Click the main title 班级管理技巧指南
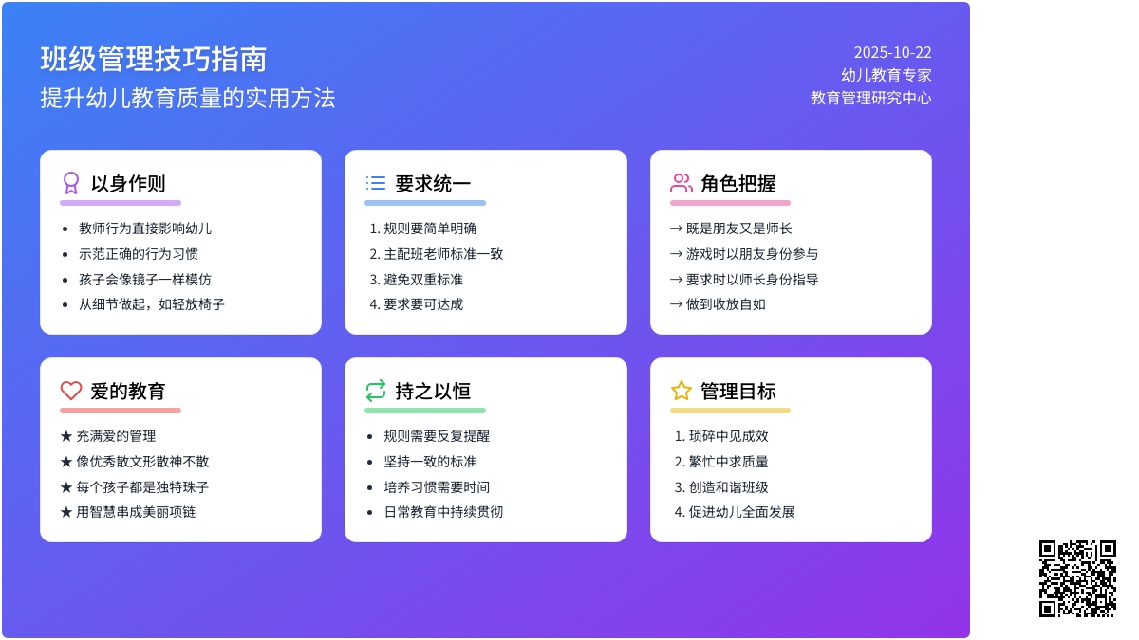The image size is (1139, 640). pos(154,59)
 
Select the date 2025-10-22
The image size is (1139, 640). pos(892,53)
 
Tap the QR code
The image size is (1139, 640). pos(1077,578)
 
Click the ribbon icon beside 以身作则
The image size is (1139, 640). pos(71,183)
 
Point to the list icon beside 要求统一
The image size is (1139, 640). pos(376,183)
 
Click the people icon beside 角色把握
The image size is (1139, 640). pos(682,183)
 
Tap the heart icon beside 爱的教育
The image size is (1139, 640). pos(71,391)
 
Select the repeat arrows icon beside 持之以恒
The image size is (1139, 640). pos(376,391)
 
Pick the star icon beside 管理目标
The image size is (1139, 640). pos(682,391)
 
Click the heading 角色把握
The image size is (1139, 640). pos(738,184)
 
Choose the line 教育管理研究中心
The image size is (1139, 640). pos(871,98)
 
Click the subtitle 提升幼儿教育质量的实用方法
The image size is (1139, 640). pos(188,99)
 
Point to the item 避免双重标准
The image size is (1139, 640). pos(423,280)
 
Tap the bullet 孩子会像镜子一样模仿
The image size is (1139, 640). pos(145,280)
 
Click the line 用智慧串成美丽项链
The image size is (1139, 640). pos(136,512)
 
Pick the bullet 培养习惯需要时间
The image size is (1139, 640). pos(437,487)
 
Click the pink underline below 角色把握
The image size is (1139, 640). pos(730,203)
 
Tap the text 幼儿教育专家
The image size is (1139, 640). pos(887,75)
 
